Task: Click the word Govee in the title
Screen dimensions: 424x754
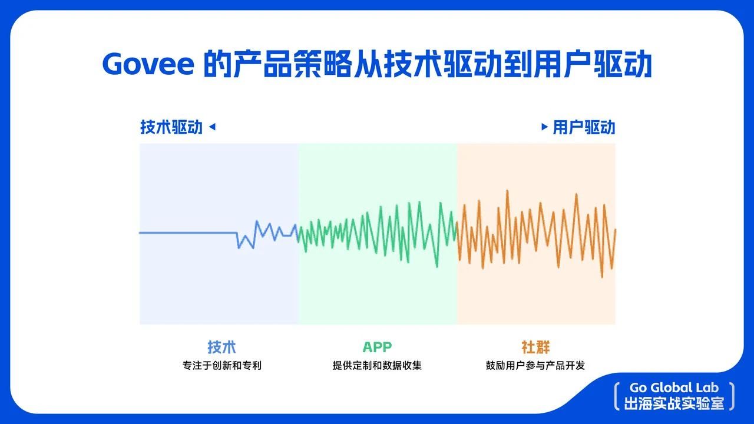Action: pos(147,64)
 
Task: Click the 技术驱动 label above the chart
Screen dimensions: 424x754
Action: pos(171,127)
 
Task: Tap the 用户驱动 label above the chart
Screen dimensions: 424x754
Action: pos(584,127)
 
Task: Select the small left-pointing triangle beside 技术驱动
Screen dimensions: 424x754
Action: pos(213,126)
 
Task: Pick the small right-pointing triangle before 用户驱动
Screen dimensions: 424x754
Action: pos(544,126)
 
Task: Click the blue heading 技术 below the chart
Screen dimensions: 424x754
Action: pos(221,347)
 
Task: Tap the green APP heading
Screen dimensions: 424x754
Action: pos(377,347)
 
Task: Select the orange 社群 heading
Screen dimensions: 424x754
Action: pos(535,347)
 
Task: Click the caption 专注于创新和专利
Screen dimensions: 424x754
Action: pos(221,366)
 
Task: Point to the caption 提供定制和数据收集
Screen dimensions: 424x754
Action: pos(377,366)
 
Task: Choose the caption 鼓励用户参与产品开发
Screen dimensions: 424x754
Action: pos(535,366)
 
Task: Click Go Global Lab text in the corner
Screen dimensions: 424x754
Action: pos(674,388)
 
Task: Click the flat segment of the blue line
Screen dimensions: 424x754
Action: pos(188,233)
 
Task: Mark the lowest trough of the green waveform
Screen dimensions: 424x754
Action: pos(437,266)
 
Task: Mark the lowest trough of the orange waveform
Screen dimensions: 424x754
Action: pos(601,276)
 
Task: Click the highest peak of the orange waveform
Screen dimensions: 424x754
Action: pos(507,191)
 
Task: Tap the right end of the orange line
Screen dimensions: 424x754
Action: pos(615,230)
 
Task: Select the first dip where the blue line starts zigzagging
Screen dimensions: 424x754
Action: pos(239,247)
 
